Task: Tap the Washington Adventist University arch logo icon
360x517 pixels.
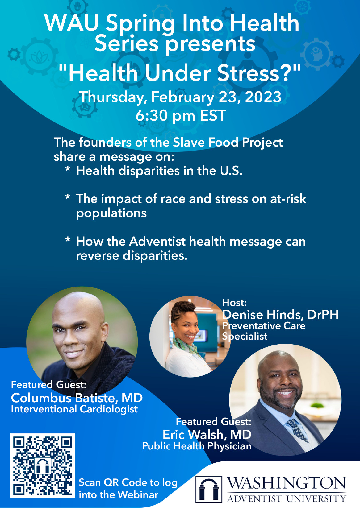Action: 209,489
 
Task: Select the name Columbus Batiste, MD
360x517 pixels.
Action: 77,398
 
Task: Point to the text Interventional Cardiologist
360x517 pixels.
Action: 74,409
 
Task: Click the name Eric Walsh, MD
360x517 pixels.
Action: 207,435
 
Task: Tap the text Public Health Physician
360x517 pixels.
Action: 197,446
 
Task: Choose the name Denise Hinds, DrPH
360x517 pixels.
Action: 280,314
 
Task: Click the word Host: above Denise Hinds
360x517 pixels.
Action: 234,303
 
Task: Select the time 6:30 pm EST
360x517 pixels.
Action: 180,115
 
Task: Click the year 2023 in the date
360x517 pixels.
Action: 263,97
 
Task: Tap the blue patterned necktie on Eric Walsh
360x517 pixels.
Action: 298,430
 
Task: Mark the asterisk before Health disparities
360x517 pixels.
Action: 68,169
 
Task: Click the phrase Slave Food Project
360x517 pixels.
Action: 228,142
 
